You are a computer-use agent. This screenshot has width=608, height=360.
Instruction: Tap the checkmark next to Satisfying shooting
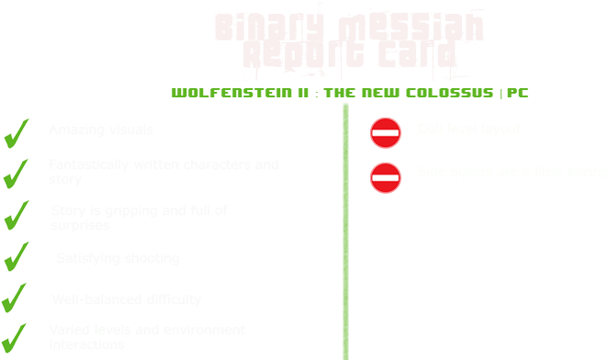17,258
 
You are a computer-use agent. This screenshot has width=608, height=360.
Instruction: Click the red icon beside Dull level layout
386,133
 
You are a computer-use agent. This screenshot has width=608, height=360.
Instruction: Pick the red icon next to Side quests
386,176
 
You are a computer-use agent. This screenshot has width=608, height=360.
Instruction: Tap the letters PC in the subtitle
517,94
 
